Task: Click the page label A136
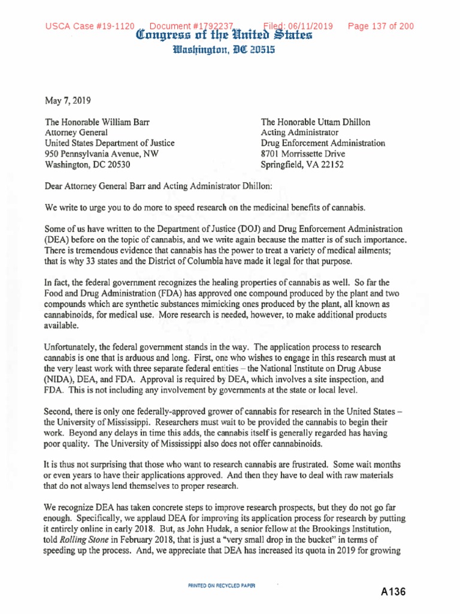point(393,592)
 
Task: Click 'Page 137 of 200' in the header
point(377,26)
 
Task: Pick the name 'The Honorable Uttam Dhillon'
point(315,122)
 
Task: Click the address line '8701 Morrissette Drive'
point(304,153)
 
